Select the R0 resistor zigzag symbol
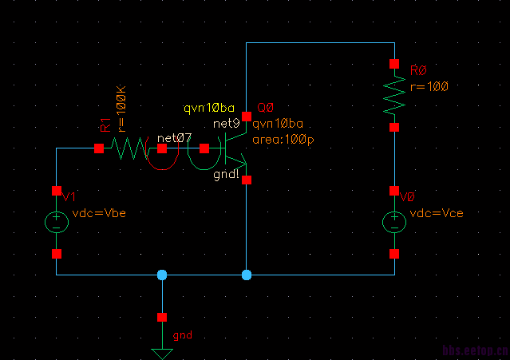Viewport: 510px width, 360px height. (x=393, y=95)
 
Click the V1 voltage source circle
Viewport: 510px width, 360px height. (x=57, y=222)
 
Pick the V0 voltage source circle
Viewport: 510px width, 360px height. (x=393, y=222)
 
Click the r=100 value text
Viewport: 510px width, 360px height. (x=429, y=85)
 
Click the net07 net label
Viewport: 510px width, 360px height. (x=174, y=138)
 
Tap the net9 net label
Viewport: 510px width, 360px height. (x=226, y=123)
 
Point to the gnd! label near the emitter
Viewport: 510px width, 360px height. (x=227, y=176)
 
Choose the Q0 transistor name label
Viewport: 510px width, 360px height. (x=266, y=108)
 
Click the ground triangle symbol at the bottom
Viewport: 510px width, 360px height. (x=162, y=353)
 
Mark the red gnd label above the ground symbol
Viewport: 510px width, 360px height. (x=183, y=335)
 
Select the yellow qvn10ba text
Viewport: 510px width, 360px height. (x=209, y=108)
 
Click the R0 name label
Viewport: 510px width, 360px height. (x=418, y=71)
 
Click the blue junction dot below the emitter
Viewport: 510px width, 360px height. (x=247, y=275)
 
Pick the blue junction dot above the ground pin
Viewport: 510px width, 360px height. (x=162, y=275)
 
